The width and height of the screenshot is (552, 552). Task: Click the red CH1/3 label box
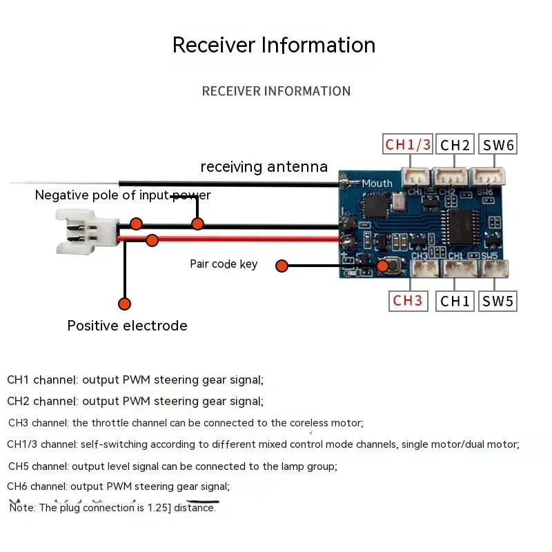click(x=408, y=144)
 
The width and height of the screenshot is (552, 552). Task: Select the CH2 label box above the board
click(x=455, y=144)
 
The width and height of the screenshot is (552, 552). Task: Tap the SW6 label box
click(x=497, y=144)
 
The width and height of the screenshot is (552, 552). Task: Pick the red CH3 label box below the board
click(x=408, y=301)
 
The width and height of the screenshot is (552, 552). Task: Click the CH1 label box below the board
click(x=455, y=301)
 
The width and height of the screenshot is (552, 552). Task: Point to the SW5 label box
click(x=497, y=301)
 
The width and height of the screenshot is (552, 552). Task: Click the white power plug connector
click(x=88, y=231)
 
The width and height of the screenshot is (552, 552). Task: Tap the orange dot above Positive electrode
click(x=125, y=304)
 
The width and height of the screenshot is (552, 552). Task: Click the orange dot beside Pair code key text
click(x=282, y=266)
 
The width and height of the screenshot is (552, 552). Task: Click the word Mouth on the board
click(x=377, y=184)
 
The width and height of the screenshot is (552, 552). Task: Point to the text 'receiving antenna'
click(x=264, y=166)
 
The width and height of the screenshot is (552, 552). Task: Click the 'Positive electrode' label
click(x=127, y=326)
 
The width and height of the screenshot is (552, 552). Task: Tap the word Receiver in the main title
click(x=214, y=45)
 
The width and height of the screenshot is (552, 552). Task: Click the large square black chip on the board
click(x=375, y=205)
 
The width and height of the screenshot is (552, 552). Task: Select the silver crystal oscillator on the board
click(x=398, y=202)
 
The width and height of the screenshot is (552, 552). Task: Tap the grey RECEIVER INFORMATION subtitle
click(x=277, y=91)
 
